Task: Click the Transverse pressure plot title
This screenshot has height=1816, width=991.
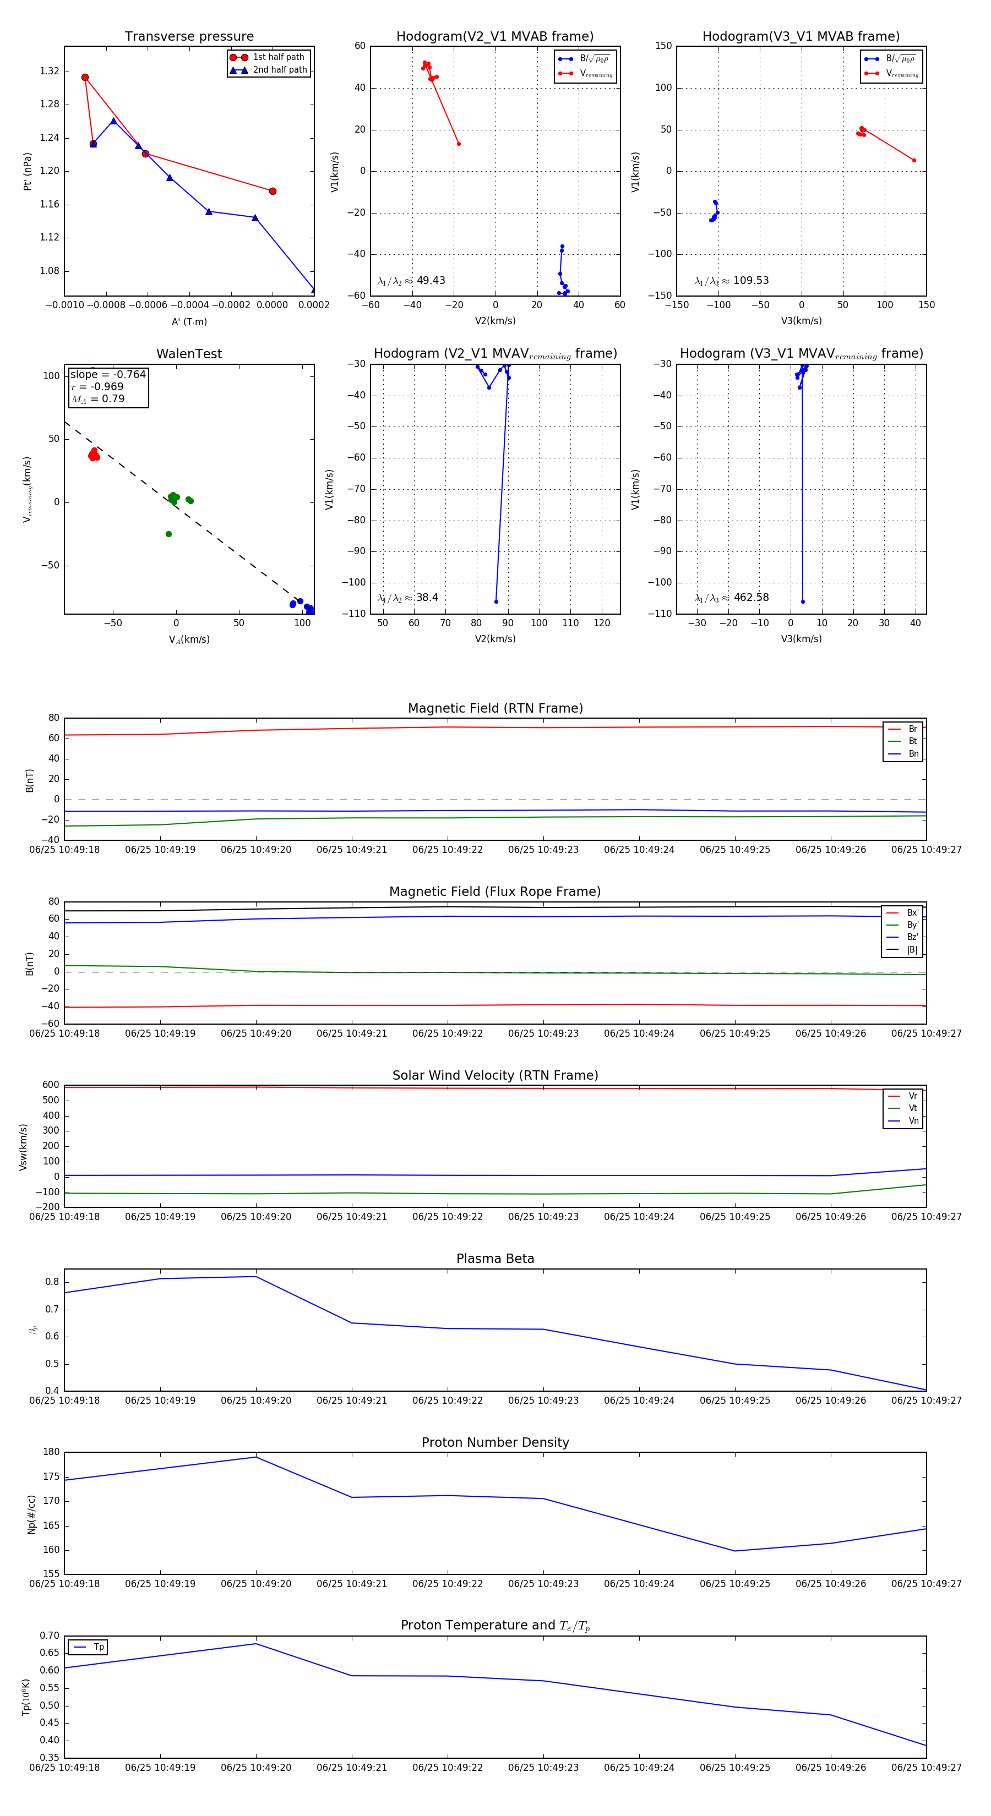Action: tap(189, 37)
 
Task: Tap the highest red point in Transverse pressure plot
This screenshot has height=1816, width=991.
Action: tap(85, 78)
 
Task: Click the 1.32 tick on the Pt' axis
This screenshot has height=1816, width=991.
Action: tap(50, 71)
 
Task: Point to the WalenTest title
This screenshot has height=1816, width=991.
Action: tap(189, 354)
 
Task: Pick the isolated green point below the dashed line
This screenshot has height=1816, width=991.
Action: tap(168, 534)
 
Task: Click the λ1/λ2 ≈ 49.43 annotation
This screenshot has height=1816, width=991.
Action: tap(411, 281)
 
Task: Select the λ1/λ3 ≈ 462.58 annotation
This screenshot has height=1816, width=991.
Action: tap(732, 598)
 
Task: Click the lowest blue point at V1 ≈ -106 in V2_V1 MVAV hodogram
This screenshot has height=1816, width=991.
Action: tap(496, 601)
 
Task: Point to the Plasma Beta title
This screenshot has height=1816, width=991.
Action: tap(495, 1259)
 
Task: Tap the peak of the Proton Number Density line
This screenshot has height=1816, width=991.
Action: tap(255, 1457)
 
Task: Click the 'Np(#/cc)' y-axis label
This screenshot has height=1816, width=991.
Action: tap(31, 1514)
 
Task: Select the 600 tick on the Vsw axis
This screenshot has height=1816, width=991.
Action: tap(51, 1085)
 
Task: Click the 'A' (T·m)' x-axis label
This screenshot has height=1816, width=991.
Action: tap(189, 322)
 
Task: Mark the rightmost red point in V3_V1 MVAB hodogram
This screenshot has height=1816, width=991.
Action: tap(914, 161)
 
